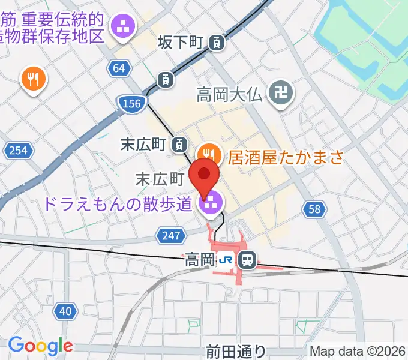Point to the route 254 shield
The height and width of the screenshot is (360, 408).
tap(18, 150)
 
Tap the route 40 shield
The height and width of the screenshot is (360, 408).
tap(65, 310)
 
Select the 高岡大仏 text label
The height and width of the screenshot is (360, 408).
tap(230, 94)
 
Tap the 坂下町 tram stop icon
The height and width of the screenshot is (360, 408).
tap(217, 42)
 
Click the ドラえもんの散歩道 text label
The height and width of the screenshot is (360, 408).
tap(117, 204)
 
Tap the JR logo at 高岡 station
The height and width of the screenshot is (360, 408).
tap(226, 260)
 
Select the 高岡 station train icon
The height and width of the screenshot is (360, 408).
tap(247, 260)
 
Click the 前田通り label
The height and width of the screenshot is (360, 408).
tap(235, 350)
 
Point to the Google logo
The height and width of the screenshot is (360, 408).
tap(40, 345)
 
